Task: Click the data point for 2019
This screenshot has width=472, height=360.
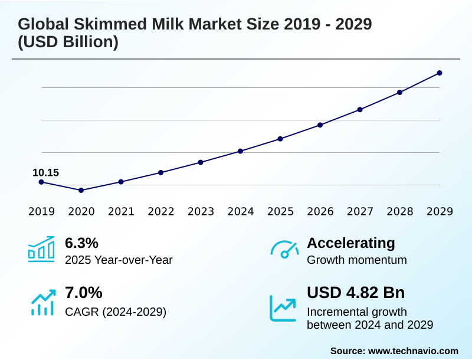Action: coord(41,182)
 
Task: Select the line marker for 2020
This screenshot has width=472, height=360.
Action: coord(81,190)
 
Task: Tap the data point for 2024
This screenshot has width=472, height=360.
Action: coord(240,151)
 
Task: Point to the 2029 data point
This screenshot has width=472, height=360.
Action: coord(440,73)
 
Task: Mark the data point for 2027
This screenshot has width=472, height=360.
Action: coord(360,109)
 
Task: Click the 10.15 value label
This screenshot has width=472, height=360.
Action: coord(45,172)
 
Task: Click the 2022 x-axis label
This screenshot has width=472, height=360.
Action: coord(160,211)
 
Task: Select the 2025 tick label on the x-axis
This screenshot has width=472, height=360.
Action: coord(280,211)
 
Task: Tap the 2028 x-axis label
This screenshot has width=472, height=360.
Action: coord(399,211)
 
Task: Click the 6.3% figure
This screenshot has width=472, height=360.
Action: coord(81,243)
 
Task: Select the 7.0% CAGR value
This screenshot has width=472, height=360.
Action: coord(83,293)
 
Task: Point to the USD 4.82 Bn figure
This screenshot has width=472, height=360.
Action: coord(356,293)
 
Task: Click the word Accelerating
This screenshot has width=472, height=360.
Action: coord(351,243)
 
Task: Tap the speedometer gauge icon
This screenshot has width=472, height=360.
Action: coord(284,249)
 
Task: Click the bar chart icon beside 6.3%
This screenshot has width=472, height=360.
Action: coord(41,249)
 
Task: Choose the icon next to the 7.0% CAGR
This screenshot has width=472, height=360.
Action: coord(41,302)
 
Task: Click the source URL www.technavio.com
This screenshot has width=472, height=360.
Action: coord(413,351)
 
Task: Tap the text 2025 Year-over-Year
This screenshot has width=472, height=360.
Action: coord(119,260)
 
